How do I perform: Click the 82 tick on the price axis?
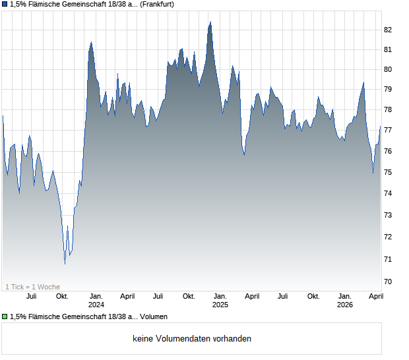pos(388,30)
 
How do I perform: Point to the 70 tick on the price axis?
pos(388,282)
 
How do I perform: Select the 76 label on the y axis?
pos(388,151)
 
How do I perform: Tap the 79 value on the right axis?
pos(388,89)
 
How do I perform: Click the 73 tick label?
pos(388,216)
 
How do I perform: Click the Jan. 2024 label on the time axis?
pos(96,300)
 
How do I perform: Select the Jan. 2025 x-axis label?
pos(220,300)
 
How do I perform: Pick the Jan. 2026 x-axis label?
pos(344,300)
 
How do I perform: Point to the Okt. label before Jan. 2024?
pos(62,297)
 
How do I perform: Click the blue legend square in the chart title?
pos(5,5)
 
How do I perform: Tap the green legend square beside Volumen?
pos(5,316)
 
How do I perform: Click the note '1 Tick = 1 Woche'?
pos(33,287)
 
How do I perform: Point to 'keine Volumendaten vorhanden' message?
pos(192,339)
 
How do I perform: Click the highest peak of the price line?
pos(210,22)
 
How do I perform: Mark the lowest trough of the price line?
pos(65,264)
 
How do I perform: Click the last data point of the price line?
pos(381,126)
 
